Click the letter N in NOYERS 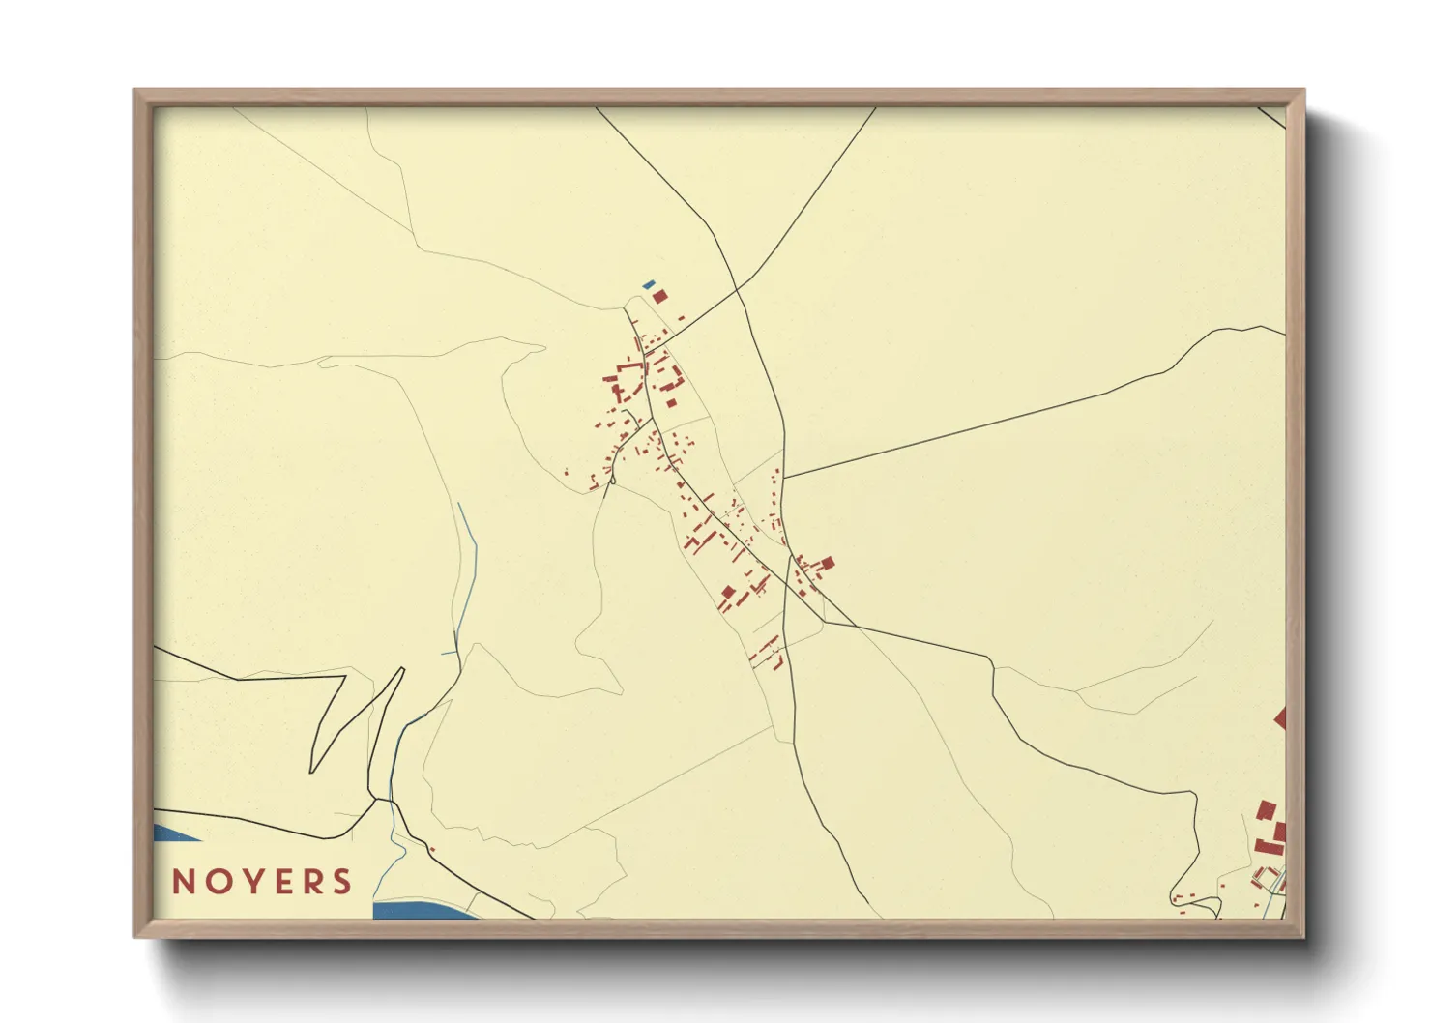[184, 882]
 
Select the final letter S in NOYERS [340, 882]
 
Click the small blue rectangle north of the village [649, 285]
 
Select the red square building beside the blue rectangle [659, 296]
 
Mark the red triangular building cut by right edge [1280, 717]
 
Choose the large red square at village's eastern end [827, 563]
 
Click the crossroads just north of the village [738, 287]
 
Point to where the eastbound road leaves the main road [783, 478]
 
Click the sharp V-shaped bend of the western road [312, 771]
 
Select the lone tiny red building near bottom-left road [432, 849]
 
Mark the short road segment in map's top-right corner [1272, 117]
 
